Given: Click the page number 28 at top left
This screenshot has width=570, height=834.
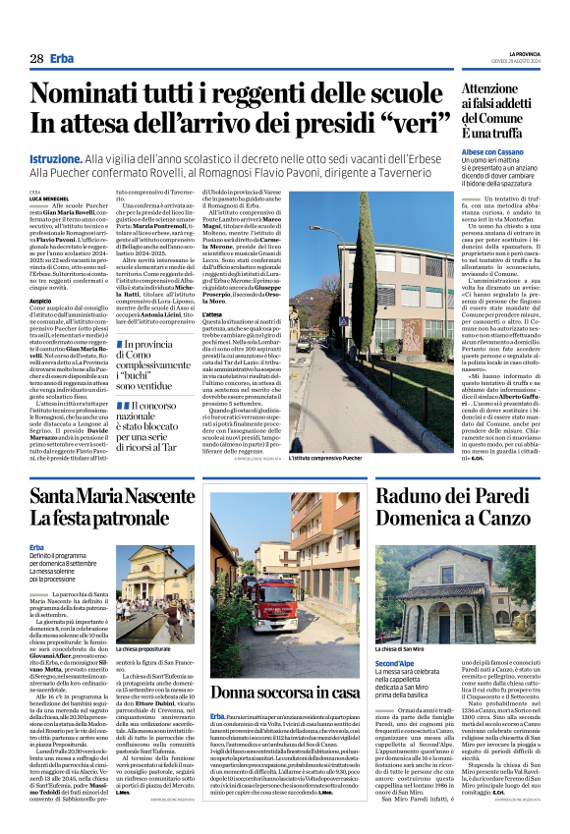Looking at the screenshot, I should (x=36, y=59).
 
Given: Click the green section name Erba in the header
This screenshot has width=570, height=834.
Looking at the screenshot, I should (x=63, y=59).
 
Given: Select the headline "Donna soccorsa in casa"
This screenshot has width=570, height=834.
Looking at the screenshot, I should (x=285, y=665).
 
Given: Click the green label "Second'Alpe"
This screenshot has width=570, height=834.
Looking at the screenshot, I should (x=394, y=637).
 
